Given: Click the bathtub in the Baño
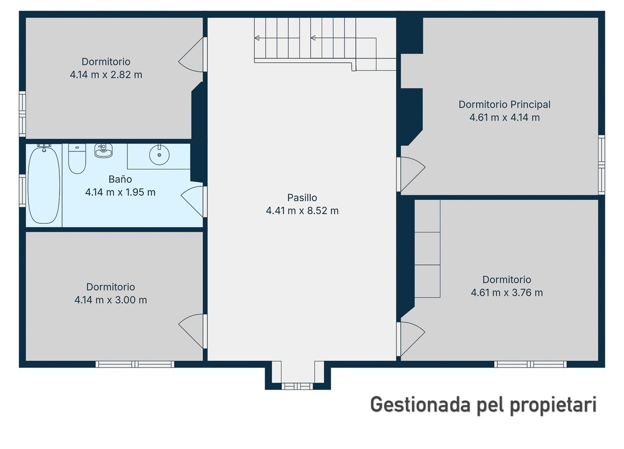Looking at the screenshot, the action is (44, 185).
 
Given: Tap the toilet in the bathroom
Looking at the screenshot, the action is (77, 159).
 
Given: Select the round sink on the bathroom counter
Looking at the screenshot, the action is (159, 154).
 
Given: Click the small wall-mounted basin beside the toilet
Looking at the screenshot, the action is (103, 151).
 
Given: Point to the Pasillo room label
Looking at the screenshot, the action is (302, 197).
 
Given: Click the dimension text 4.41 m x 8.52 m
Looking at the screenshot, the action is (302, 211).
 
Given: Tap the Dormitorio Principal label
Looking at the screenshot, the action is (504, 104).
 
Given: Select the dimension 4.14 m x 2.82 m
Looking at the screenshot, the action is (106, 75).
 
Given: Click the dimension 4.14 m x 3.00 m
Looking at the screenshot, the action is (111, 300).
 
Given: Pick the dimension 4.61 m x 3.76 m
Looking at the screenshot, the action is (507, 293).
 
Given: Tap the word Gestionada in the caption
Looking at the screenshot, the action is (420, 405).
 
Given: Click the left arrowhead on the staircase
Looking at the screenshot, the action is (257, 38).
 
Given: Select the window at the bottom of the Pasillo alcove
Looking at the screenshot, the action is (297, 386).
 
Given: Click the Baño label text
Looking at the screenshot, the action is (120, 179).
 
